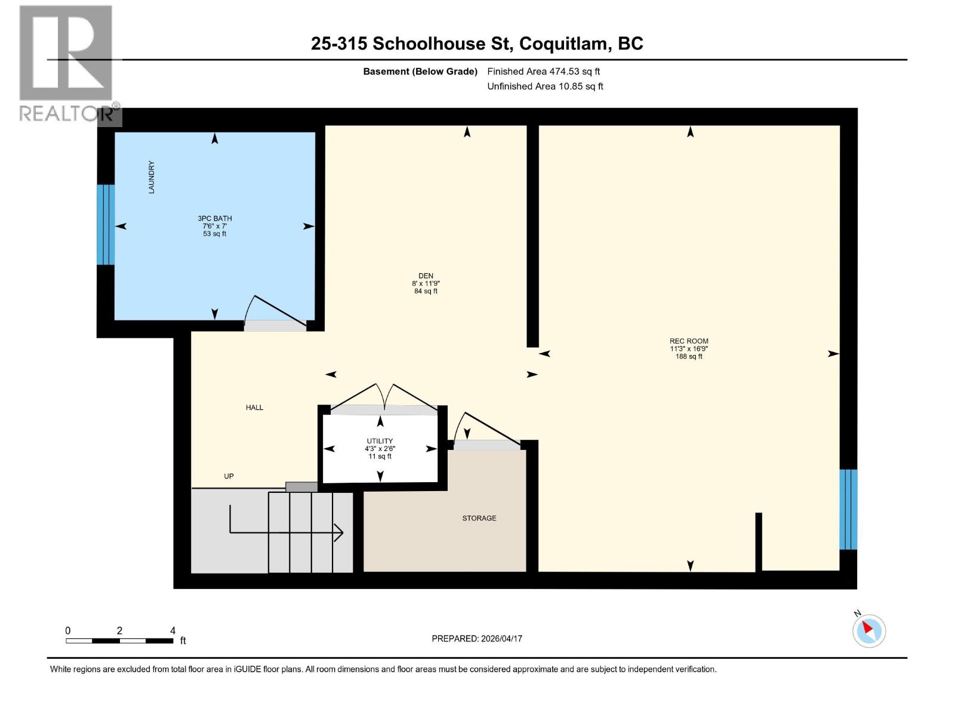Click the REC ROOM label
click(x=689, y=341)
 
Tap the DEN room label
click(x=426, y=276)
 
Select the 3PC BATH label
click(x=215, y=218)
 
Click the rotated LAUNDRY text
click(x=152, y=177)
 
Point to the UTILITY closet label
click(x=380, y=441)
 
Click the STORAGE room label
click(x=479, y=518)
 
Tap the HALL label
click(x=254, y=408)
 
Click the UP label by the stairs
click(x=229, y=476)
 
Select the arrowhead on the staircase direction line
click(x=338, y=532)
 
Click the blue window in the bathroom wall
click(x=106, y=224)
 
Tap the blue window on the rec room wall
click(x=848, y=509)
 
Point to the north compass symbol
click(x=868, y=629)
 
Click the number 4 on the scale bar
click(x=172, y=630)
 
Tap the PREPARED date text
click(x=477, y=638)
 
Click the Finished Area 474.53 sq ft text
click(x=543, y=71)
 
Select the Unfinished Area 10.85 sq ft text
click(x=545, y=86)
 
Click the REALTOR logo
click(x=67, y=63)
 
